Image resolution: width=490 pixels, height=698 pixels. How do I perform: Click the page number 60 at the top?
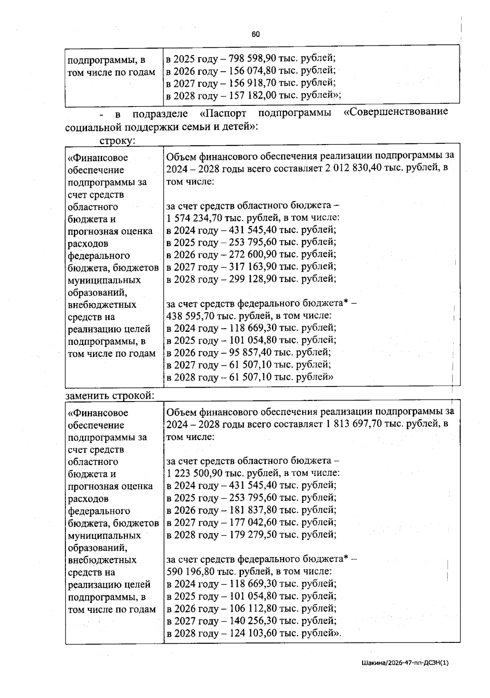pyautogui.click(x=256, y=34)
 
